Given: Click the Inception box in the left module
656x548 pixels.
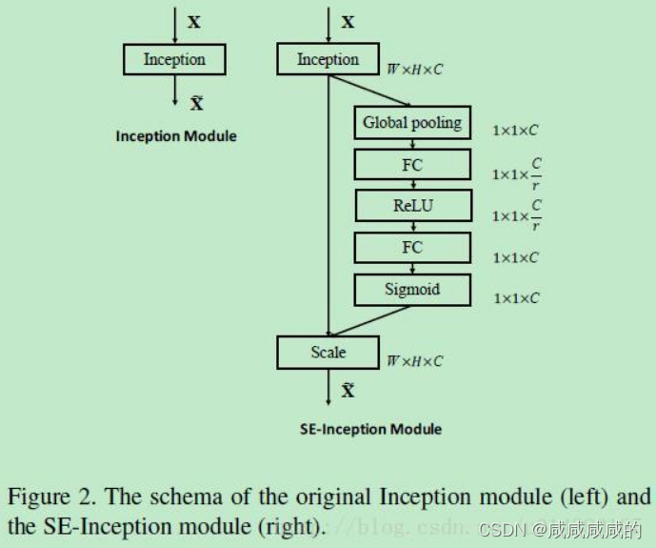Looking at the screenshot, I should pos(175,60).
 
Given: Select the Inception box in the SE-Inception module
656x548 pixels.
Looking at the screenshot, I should pos(328,60).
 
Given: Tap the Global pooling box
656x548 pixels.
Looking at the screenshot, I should pos(412,123).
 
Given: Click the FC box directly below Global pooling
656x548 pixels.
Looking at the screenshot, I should pos(412,165).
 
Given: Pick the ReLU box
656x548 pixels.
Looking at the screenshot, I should pos(412,206).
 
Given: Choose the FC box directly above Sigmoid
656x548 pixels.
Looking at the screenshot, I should pos(412,248).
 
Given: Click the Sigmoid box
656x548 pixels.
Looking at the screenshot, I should pos(412,290).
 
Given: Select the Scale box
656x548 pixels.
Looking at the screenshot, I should pos(328,353).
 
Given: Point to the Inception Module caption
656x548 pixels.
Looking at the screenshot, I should pos(176,136).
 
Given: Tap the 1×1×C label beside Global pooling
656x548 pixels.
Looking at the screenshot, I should pos(516,130).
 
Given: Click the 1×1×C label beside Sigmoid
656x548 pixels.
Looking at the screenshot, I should pos(516,298).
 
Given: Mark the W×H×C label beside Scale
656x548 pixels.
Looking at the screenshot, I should pos(414,361).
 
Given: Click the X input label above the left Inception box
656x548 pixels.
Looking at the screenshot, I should pos(194,22).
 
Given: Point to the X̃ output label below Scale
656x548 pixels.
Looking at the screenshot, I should pos(348,391).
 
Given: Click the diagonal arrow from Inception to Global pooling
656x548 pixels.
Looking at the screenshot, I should pos(371,91).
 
